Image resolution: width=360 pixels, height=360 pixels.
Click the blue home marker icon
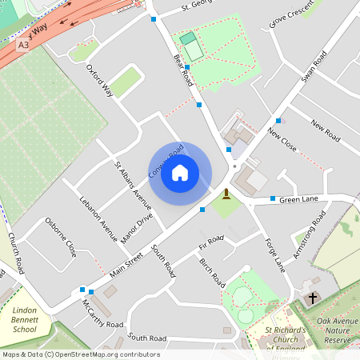coord(180,172)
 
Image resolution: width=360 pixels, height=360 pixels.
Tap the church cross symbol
coord(313,298)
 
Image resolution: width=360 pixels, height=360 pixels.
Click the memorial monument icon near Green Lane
coord(226,194)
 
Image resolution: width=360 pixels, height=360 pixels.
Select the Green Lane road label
coord(299,198)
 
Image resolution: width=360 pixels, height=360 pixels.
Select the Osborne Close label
coord(61,236)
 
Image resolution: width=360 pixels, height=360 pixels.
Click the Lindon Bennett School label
coord(25,319)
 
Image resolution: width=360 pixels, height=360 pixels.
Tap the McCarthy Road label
coord(103,314)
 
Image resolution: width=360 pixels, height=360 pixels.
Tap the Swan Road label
coord(314,66)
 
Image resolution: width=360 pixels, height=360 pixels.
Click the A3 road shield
coord(24,46)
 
